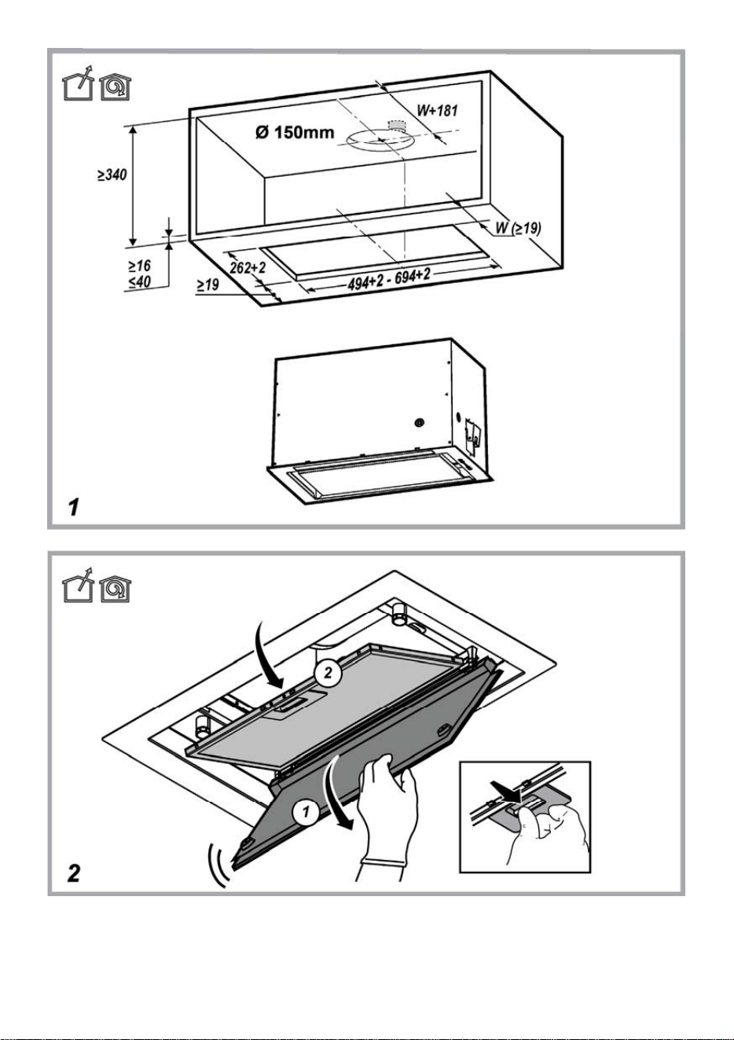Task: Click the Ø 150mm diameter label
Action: coord(295,132)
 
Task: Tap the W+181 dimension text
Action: coord(438,111)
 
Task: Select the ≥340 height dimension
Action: coord(112,175)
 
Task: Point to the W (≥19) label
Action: coord(518,228)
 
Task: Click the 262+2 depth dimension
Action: coord(248,267)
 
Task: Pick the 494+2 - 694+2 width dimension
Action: coord(389,280)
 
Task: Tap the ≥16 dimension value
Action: coord(139,266)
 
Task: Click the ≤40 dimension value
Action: coord(139,282)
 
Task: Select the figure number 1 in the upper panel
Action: coord(73,507)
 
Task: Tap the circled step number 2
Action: coord(328,673)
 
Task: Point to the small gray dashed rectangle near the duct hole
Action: coord(397,125)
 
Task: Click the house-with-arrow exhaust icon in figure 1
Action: coord(79,83)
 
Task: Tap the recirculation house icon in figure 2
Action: coord(116,589)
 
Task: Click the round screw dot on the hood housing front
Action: coord(419,422)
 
